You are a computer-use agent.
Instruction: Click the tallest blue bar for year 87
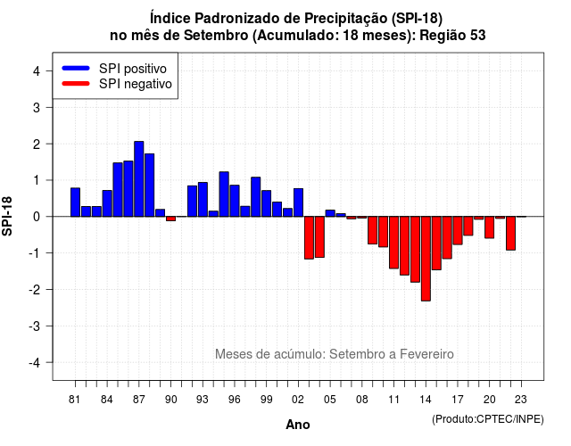pyautogui.click(x=139, y=178)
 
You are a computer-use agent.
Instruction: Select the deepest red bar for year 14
pyautogui.click(x=426, y=259)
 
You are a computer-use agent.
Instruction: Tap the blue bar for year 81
pyautogui.click(x=75, y=202)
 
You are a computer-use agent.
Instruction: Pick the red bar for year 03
pyautogui.click(x=309, y=238)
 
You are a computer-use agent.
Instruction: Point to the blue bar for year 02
pyautogui.click(x=298, y=202)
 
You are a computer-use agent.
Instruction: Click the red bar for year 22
pyautogui.click(x=510, y=234)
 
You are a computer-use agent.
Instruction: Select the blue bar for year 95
pyautogui.click(x=224, y=194)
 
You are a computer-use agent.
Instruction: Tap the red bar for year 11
pyautogui.click(x=393, y=243)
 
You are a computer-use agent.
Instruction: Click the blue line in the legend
pyautogui.click(x=76, y=68)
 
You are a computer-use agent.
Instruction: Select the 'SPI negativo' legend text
pyautogui.click(x=136, y=84)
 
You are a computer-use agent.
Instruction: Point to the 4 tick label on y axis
pyautogui.click(x=37, y=71)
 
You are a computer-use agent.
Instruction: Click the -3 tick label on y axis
pyautogui.click(x=34, y=326)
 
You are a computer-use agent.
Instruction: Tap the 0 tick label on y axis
pyautogui.click(x=37, y=217)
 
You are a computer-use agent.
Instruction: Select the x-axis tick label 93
pyautogui.click(x=203, y=400)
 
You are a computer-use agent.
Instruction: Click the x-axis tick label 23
pyautogui.click(x=521, y=400)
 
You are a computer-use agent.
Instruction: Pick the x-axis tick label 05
pyautogui.click(x=330, y=400)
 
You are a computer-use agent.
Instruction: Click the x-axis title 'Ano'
pyautogui.click(x=298, y=425)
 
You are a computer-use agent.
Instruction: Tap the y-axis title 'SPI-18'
pyautogui.click(x=7, y=216)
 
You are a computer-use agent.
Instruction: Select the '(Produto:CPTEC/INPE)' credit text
pyautogui.click(x=488, y=419)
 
